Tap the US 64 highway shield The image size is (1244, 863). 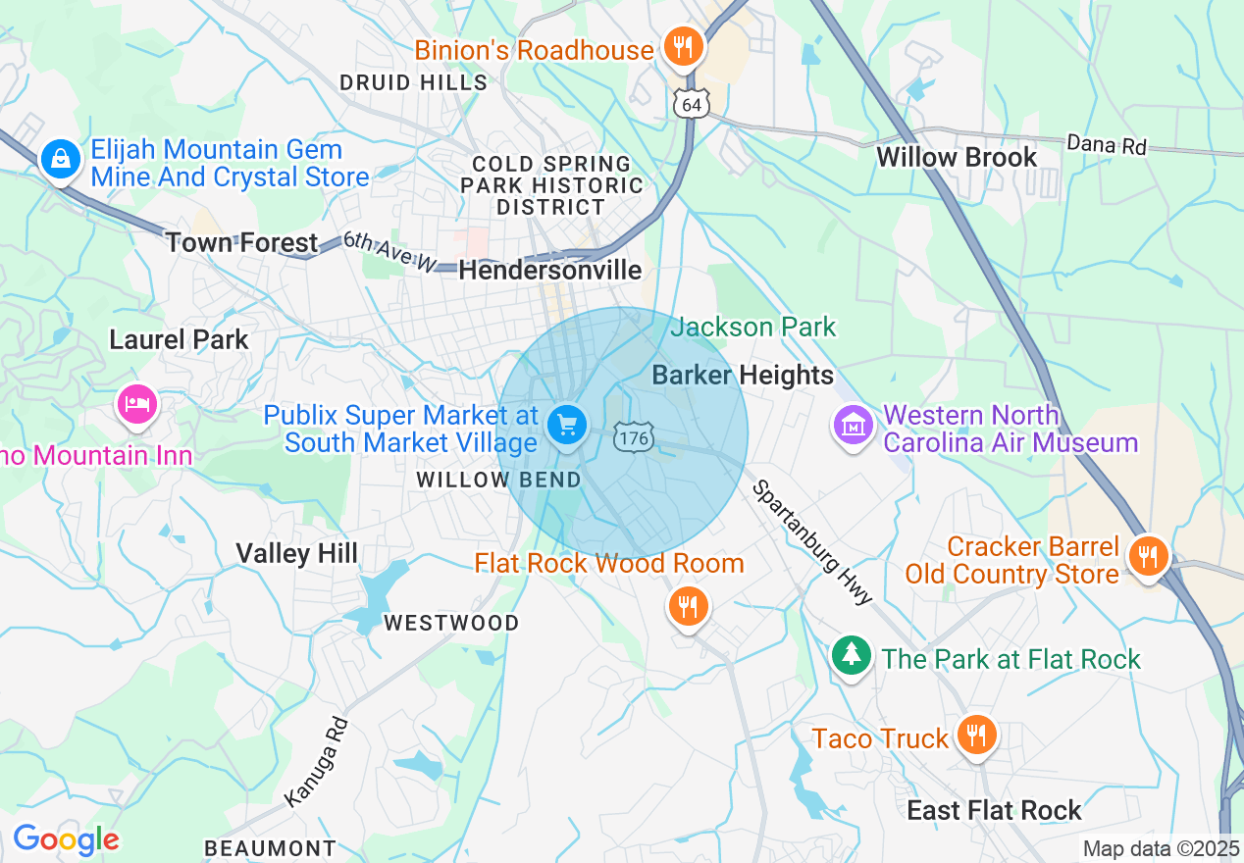pos(692,105)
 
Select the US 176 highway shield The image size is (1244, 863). pos(633,437)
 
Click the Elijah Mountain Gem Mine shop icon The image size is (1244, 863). pos(60,157)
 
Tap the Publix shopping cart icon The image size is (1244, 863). pos(566,426)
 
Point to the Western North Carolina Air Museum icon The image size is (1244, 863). pos(853,426)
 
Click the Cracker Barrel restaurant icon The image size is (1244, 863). pos(1146,556)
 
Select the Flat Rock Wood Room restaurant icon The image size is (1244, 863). pos(689,605)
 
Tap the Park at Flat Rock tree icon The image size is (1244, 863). pos(851,654)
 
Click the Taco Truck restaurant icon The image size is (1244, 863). pos(975,734)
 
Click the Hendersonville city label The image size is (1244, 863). pos(550,270)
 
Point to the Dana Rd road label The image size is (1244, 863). pos(1106,145)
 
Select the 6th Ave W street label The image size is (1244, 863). pos(389,252)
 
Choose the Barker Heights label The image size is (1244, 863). pos(743,375)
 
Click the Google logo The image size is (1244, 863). pos(66,839)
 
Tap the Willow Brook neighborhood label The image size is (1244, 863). pos(956,157)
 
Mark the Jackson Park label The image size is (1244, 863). pos(752,327)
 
